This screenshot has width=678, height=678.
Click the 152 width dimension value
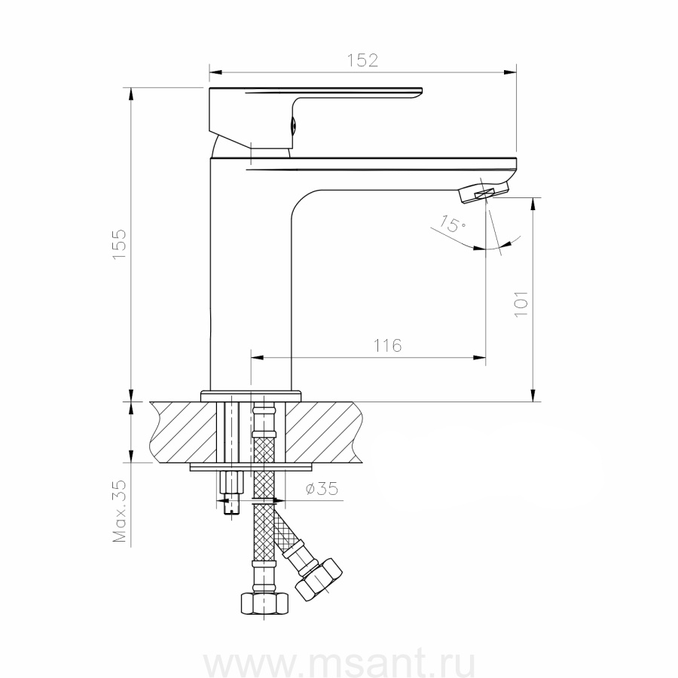[362, 60]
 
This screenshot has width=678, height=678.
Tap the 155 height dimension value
[119, 244]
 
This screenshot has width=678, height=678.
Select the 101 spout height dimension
[521, 304]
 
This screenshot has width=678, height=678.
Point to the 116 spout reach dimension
[387, 346]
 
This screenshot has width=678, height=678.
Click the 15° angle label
[453, 224]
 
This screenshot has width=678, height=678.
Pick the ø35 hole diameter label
[322, 489]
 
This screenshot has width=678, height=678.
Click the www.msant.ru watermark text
[340, 663]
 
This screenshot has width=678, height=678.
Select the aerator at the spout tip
[484, 192]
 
